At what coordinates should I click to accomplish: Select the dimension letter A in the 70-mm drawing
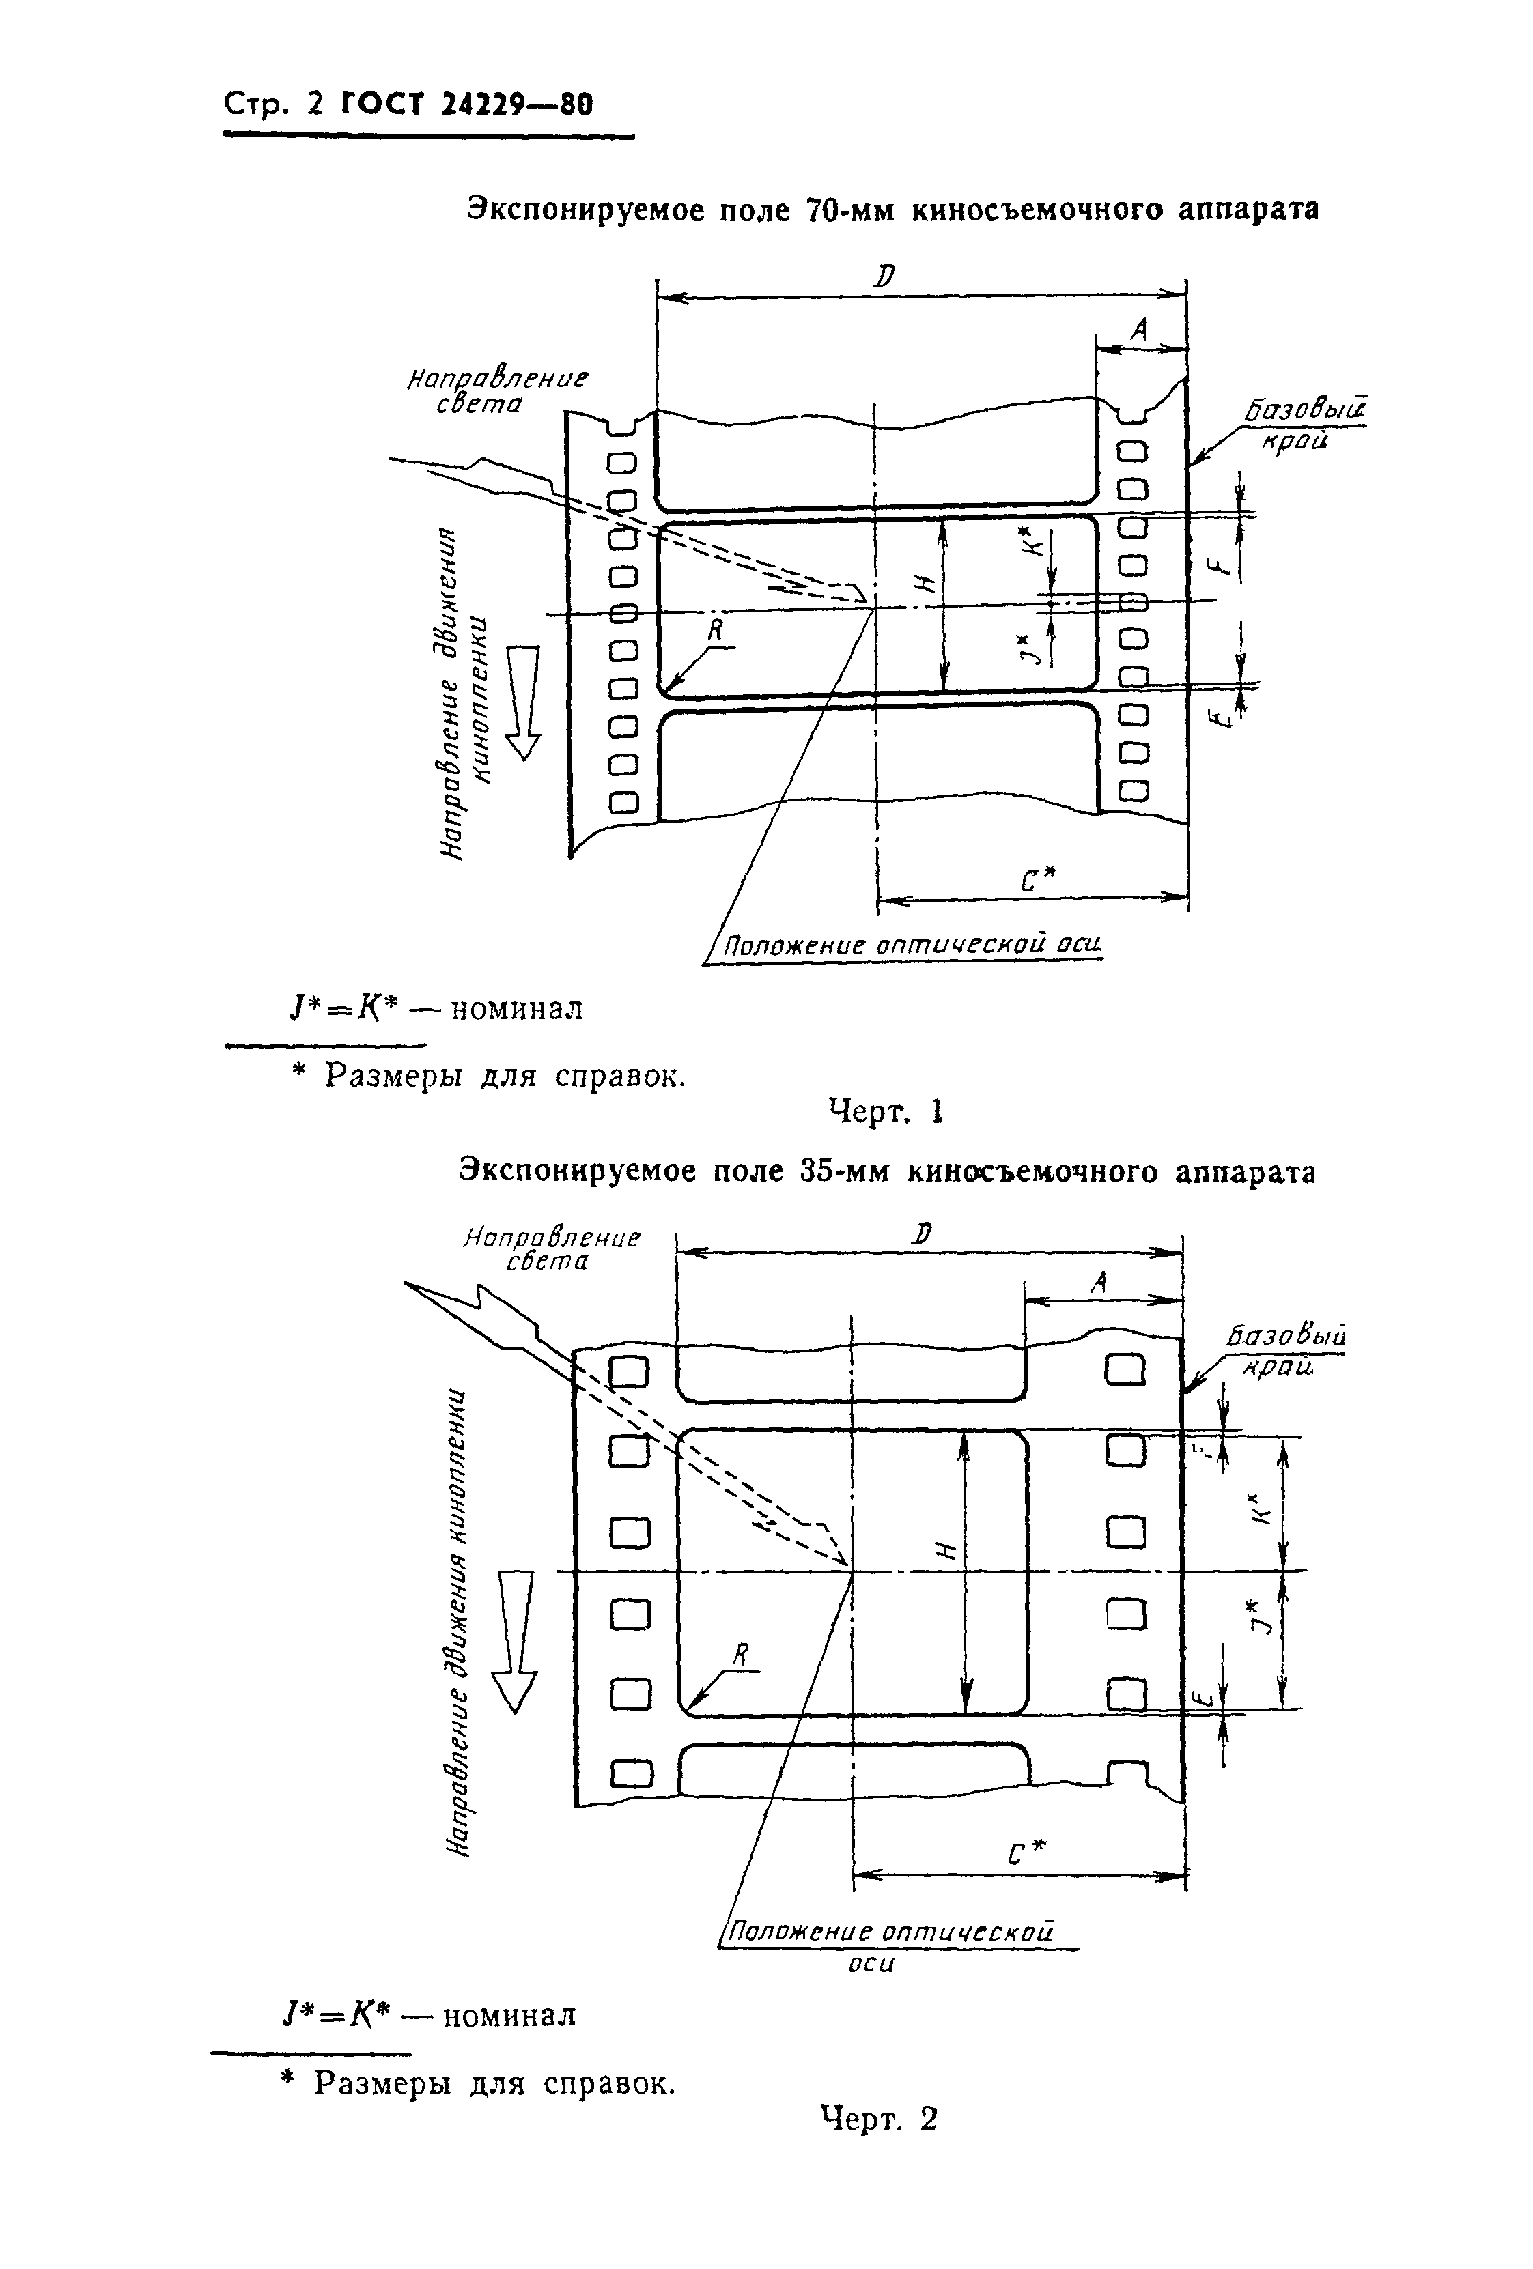tap(1138, 332)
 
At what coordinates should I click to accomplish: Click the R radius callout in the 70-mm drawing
tap(716, 631)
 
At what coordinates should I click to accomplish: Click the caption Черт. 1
tap(885, 1111)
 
